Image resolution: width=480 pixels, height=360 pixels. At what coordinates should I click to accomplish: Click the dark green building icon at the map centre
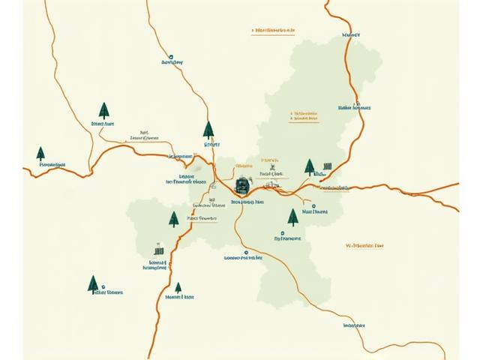(x=243, y=184)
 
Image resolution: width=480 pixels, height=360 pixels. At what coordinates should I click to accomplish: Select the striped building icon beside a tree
(x=326, y=166)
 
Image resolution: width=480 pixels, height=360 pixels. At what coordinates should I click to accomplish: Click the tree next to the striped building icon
(x=309, y=167)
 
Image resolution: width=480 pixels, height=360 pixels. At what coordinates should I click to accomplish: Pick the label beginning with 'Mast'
(x=314, y=212)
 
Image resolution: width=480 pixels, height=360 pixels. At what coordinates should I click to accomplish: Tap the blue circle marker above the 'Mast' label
(x=313, y=205)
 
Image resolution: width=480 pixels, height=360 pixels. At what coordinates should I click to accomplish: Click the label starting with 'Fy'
(x=286, y=238)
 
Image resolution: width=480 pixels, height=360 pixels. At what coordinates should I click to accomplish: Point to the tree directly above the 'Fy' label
(x=292, y=217)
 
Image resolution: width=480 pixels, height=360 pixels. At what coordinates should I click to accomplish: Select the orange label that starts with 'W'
(x=364, y=245)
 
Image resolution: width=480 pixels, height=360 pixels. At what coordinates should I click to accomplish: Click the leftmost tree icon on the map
(x=40, y=153)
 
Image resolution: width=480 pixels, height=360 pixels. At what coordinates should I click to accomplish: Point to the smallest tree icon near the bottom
(x=178, y=287)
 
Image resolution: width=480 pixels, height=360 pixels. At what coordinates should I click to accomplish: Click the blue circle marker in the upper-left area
(x=172, y=55)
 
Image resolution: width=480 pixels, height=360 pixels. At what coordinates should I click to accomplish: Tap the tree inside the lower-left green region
(x=174, y=219)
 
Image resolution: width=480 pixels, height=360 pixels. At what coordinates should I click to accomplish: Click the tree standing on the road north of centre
(x=208, y=130)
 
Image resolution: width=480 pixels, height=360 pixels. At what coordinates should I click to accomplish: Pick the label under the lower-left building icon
(x=157, y=267)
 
